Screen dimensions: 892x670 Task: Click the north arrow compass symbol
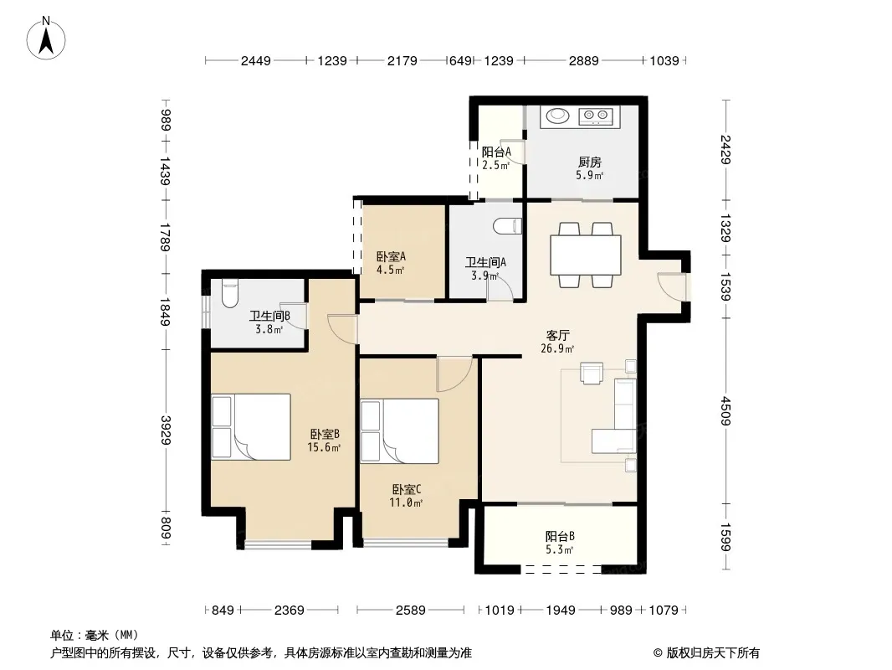coord(46,39)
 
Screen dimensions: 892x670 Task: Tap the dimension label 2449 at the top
coord(255,60)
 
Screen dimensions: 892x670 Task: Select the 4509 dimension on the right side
coord(725,410)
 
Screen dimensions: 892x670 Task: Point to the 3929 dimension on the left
coord(166,430)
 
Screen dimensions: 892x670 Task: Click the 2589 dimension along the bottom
coord(410,611)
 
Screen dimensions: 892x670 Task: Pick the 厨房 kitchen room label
coord(589,162)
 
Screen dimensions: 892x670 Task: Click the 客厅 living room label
coord(557,336)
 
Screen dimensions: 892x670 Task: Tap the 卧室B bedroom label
coord(325,435)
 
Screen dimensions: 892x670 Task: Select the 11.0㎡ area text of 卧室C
coord(406,502)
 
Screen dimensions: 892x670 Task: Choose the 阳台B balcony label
coord(560,536)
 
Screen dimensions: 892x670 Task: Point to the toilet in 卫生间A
coord(509,226)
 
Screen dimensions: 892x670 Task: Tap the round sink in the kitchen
coord(557,116)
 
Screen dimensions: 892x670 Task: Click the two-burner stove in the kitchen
coord(596,116)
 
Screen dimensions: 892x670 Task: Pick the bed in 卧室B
coord(251,427)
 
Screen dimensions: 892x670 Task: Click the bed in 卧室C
coord(399,431)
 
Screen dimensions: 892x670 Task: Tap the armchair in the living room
coord(591,373)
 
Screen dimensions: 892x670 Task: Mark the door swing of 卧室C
coord(454,374)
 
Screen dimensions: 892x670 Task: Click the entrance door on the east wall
coord(673,286)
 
